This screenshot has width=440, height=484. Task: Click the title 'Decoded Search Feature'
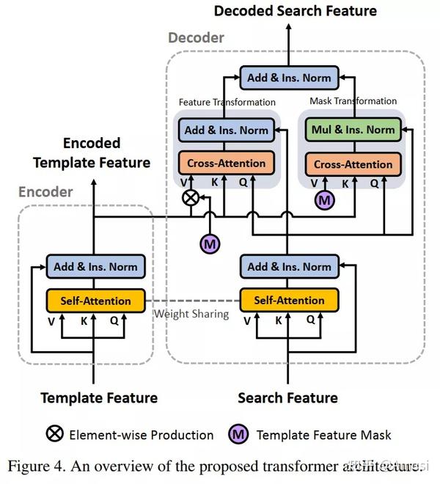(295, 10)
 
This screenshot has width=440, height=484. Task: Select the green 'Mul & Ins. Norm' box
(353, 130)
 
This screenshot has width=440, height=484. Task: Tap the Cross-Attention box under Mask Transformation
(353, 164)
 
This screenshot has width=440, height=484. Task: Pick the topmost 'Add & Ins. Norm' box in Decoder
(290, 77)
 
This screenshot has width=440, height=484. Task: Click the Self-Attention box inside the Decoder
(289, 300)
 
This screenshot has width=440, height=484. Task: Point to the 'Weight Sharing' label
(191, 314)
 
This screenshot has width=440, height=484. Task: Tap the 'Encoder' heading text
(46, 192)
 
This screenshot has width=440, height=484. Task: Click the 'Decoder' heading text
(196, 37)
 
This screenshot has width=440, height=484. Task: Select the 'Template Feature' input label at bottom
(99, 398)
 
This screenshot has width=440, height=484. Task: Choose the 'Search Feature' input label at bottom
(288, 398)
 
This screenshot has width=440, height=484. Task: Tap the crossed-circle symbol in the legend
(55, 434)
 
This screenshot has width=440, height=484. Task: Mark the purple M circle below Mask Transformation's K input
(323, 199)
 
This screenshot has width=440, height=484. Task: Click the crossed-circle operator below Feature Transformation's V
(191, 197)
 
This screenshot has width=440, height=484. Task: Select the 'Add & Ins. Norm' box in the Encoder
(95, 266)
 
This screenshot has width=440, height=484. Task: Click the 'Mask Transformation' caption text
(353, 101)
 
